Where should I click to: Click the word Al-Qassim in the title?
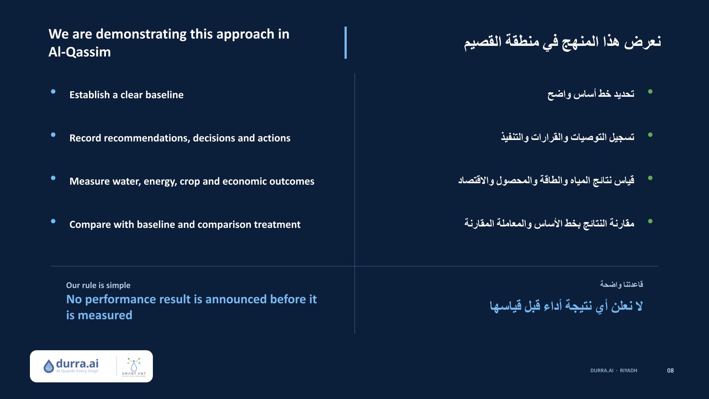(80, 52)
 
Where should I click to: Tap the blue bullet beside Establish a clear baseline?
(53, 92)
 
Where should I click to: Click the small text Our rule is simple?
(98, 285)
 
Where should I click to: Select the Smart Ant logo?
(134, 366)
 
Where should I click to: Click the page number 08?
(670, 371)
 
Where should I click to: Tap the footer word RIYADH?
(628, 371)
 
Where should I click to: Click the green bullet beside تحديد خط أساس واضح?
(650, 92)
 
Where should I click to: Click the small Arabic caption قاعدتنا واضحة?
(621, 284)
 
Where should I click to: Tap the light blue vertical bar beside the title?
(346, 42)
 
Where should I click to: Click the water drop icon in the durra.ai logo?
(49, 366)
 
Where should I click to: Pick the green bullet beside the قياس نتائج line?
(650, 178)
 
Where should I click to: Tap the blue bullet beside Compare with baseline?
(53, 221)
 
